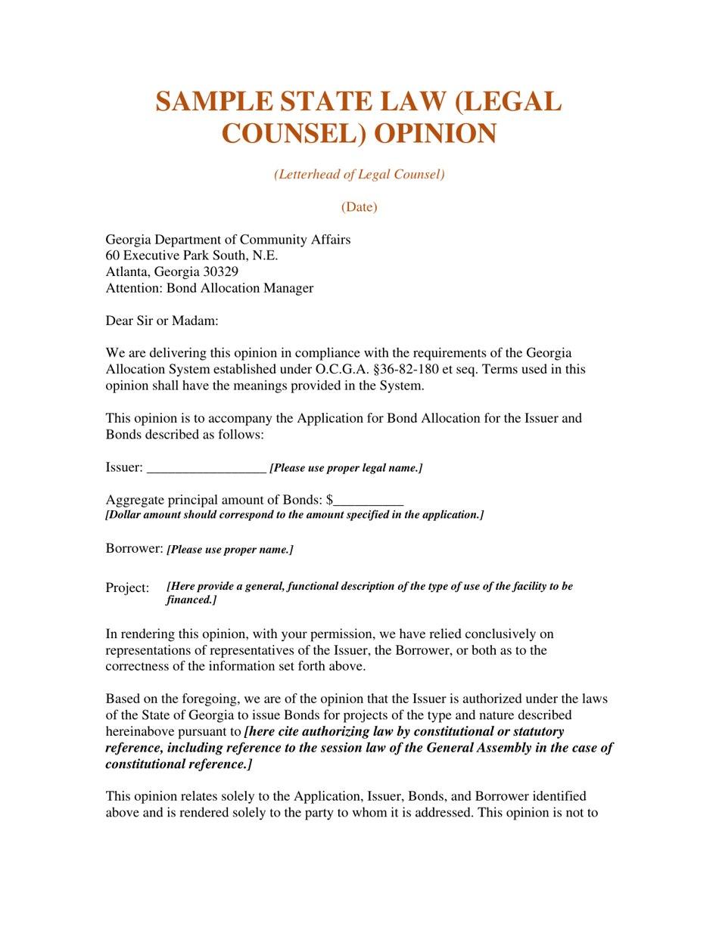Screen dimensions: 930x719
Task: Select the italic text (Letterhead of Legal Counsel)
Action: tap(359, 174)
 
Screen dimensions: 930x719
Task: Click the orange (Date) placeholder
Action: tap(359, 206)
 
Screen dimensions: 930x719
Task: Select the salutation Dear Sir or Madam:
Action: tap(162, 321)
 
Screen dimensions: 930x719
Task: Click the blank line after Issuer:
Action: tap(206, 469)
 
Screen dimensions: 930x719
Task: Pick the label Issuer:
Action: tap(123, 468)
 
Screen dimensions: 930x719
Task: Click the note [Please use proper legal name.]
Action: tap(346, 469)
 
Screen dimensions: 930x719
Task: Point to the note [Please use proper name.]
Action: tap(230, 550)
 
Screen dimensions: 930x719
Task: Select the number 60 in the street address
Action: tap(113, 256)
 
